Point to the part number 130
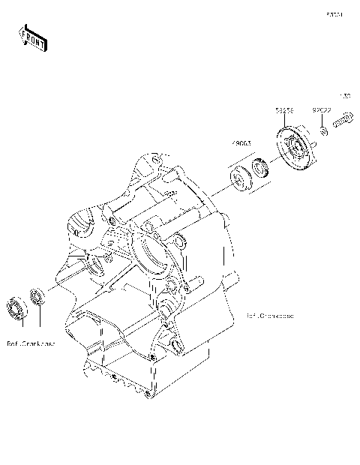[346, 96]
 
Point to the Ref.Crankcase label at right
[269, 316]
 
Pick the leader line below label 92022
[322, 120]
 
